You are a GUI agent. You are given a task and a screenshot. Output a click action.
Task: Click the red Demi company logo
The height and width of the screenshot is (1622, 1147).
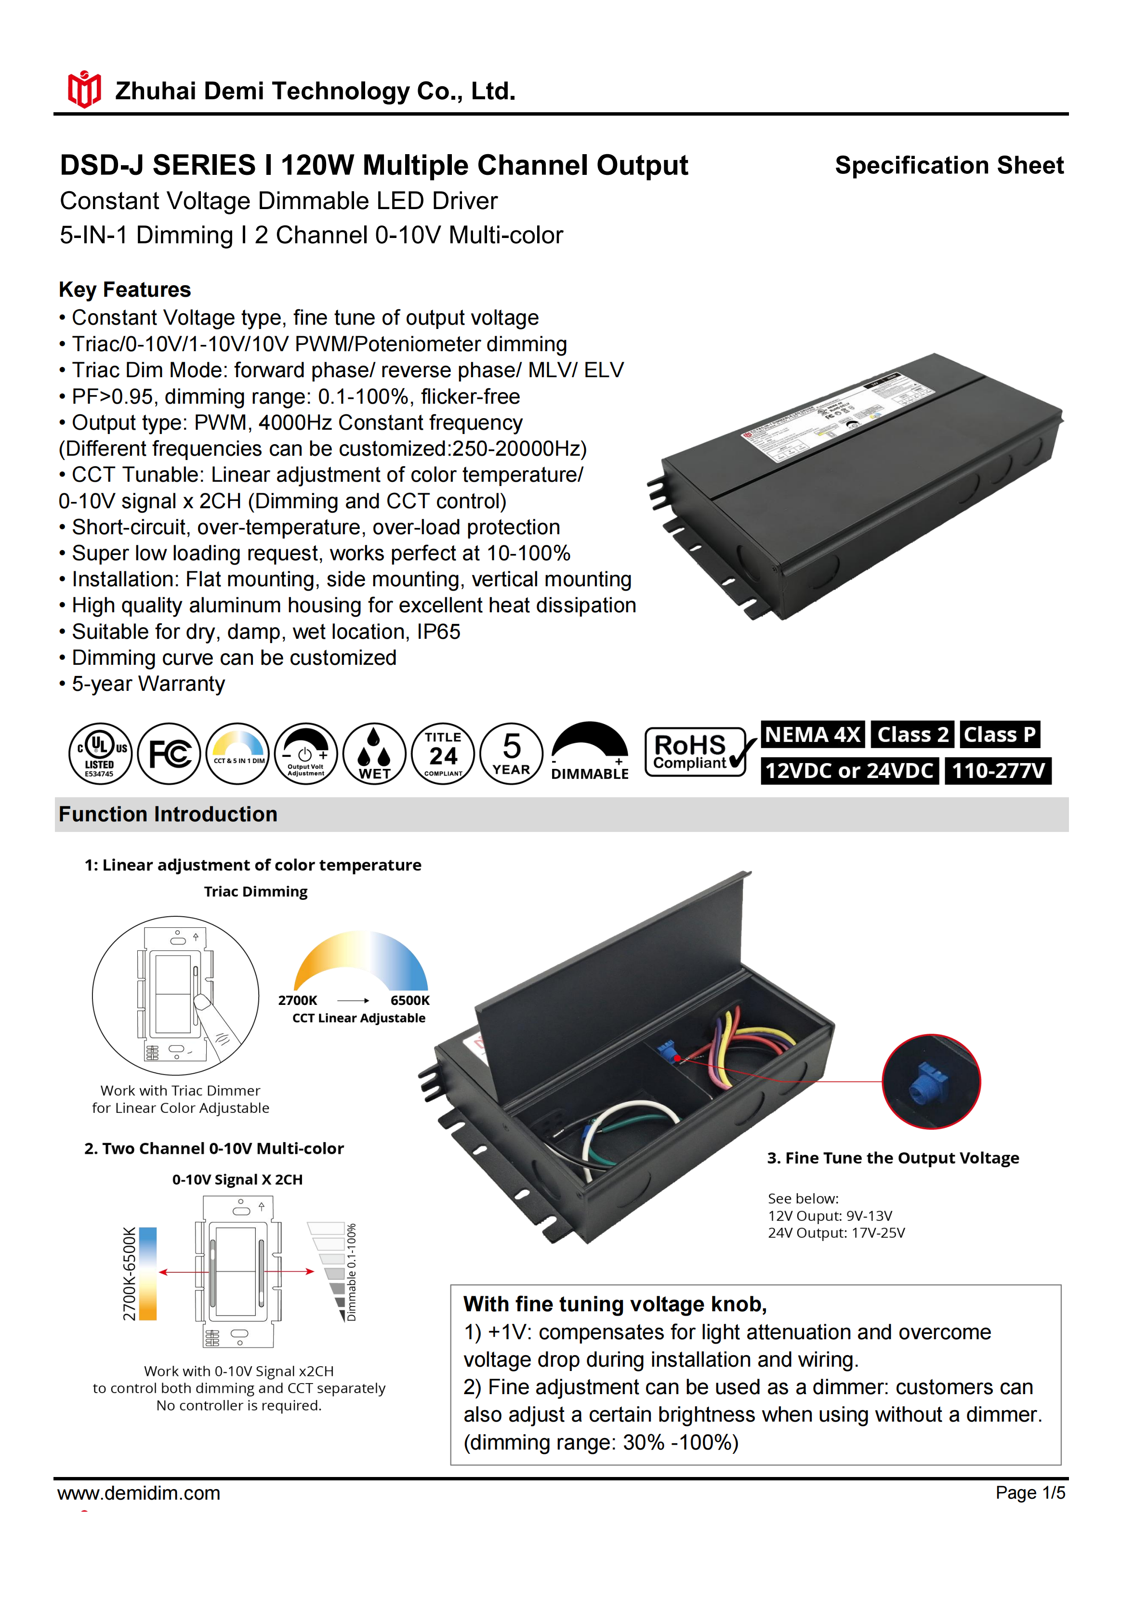pyautogui.click(x=84, y=90)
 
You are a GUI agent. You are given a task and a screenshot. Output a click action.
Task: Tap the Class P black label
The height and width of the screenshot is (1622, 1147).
pyautogui.click(x=1000, y=735)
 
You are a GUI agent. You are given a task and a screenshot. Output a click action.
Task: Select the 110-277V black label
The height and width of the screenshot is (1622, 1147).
pyautogui.click(x=998, y=771)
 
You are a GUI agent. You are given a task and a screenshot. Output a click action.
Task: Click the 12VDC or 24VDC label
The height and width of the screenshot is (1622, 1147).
pyautogui.click(x=850, y=771)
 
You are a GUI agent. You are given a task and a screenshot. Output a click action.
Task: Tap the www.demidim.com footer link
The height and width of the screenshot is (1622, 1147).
pyautogui.click(x=139, y=1493)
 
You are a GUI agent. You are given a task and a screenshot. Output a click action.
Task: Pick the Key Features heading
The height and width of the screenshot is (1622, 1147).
pyautogui.click(x=125, y=290)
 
